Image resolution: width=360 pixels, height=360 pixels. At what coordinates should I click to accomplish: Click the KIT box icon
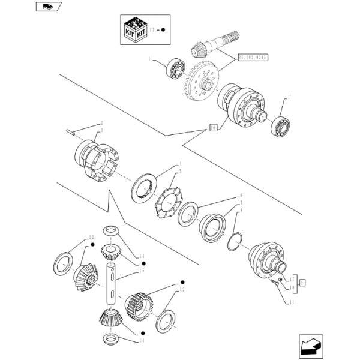(x=133, y=28)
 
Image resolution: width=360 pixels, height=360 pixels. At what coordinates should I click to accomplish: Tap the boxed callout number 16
(x=212, y=126)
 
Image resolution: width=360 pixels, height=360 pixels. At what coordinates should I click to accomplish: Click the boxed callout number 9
(x=302, y=282)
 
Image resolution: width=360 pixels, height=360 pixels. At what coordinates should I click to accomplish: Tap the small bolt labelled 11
(x=275, y=283)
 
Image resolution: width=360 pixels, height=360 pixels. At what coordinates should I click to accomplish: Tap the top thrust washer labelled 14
(x=111, y=231)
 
